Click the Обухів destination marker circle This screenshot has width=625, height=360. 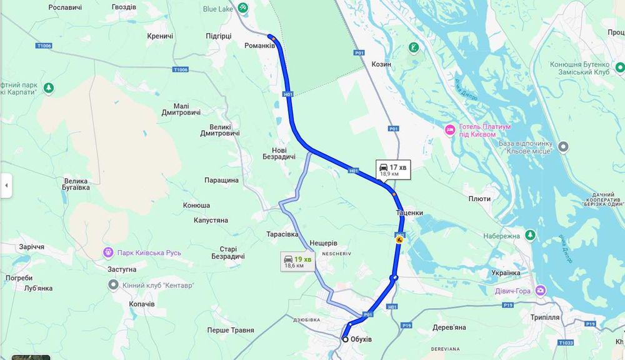[x=345, y=339]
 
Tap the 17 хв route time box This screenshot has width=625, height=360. [x=393, y=169]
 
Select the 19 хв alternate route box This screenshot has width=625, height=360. [x=297, y=261]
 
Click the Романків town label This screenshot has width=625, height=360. [x=259, y=46]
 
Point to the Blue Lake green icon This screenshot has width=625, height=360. [x=242, y=8]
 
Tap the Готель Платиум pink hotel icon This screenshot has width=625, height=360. [x=449, y=130]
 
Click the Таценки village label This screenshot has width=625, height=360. [x=409, y=212]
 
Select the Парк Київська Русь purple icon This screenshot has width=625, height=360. [x=108, y=252]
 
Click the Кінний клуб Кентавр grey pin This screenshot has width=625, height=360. [x=113, y=285]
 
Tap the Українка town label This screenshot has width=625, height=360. [x=506, y=273]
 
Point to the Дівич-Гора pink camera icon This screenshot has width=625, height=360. [x=541, y=290]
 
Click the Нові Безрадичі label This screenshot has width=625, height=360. [x=279, y=153]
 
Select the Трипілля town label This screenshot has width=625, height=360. [x=541, y=317]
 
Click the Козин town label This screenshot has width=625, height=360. [x=381, y=64]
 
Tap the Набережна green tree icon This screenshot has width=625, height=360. [x=530, y=235]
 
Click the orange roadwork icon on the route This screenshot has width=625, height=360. [x=399, y=239]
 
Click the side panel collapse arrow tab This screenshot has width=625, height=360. [x=6, y=186]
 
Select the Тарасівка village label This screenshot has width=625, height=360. [x=282, y=233]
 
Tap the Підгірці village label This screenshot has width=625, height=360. [x=219, y=36]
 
